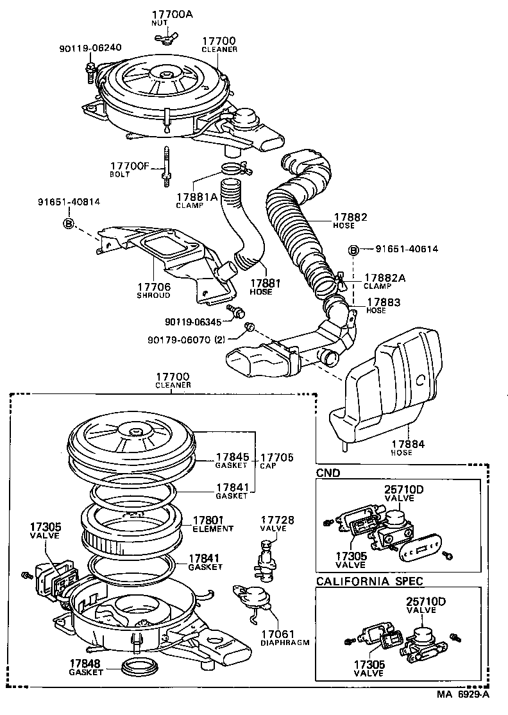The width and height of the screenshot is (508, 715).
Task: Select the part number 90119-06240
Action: click(90, 47)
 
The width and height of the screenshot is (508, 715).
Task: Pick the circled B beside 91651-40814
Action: click(69, 223)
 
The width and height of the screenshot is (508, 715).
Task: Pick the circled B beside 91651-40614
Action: click(352, 249)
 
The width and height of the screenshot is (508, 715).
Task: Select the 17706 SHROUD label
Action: click(153, 291)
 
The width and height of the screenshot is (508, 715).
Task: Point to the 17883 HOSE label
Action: click(384, 305)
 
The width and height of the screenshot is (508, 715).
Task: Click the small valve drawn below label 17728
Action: click(265, 553)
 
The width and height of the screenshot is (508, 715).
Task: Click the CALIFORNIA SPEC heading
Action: click(369, 581)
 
